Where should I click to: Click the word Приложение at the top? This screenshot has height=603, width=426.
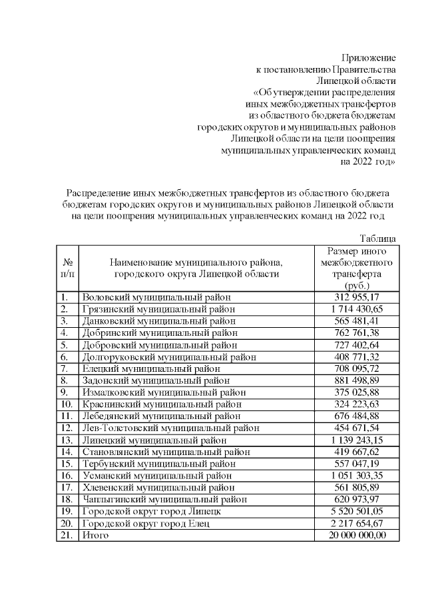point(369,57)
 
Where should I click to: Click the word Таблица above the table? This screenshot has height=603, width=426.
point(378,239)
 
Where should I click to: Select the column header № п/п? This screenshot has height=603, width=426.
point(67,268)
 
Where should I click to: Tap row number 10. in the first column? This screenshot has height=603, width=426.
point(66,404)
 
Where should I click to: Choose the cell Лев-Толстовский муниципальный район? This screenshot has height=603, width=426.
point(170,428)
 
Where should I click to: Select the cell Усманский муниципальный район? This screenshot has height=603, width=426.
point(156,475)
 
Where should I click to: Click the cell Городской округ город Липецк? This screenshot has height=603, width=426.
point(150,511)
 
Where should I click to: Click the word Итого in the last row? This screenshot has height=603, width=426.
point(95,535)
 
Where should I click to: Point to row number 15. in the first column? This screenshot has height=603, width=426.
point(66,463)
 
